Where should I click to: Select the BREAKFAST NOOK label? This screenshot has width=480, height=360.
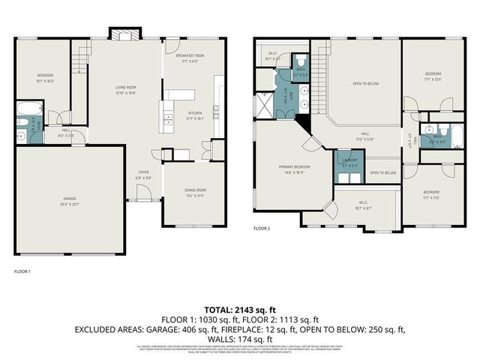point(190,58)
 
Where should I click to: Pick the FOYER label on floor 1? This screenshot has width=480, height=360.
point(143,174)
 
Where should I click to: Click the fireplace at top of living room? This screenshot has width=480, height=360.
point(122,34)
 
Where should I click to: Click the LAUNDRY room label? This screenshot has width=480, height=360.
point(349,161)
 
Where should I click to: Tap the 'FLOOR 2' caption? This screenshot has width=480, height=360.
point(261,227)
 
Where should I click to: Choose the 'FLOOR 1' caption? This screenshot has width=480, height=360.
point(22,270)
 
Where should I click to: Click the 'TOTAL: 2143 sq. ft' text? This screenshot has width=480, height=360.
point(240,309)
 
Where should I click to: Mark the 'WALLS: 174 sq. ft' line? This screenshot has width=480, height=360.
point(240,338)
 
